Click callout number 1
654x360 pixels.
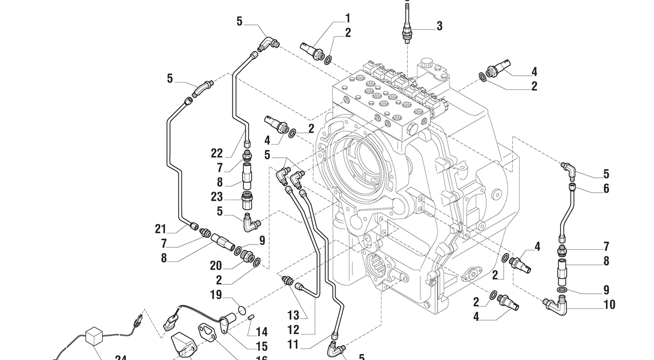pyautogui.click(x=348, y=19)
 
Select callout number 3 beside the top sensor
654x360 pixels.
pyautogui.click(x=439, y=26)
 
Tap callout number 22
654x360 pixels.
pyautogui.click(x=217, y=154)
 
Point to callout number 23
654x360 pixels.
pyautogui.click(x=217, y=196)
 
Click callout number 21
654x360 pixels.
pyautogui.click(x=161, y=229)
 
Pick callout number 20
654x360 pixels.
pyautogui.click(x=215, y=266)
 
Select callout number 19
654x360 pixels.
pyautogui.click(x=215, y=295)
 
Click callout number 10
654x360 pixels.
pyautogui.click(x=609, y=304)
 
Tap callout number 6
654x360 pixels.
pyautogui.click(x=606, y=188)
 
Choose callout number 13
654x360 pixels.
pyautogui.click(x=293, y=316)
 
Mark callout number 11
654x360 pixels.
pyautogui.click(x=293, y=345)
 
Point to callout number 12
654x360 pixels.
pyautogui.click(x=293, y=330)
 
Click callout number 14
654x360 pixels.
pyautogui.click(x=261, y=332)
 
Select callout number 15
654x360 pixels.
pyautogui.click(x=261, y=347)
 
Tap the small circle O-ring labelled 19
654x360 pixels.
pyautogui.click(x=241, y=310)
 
